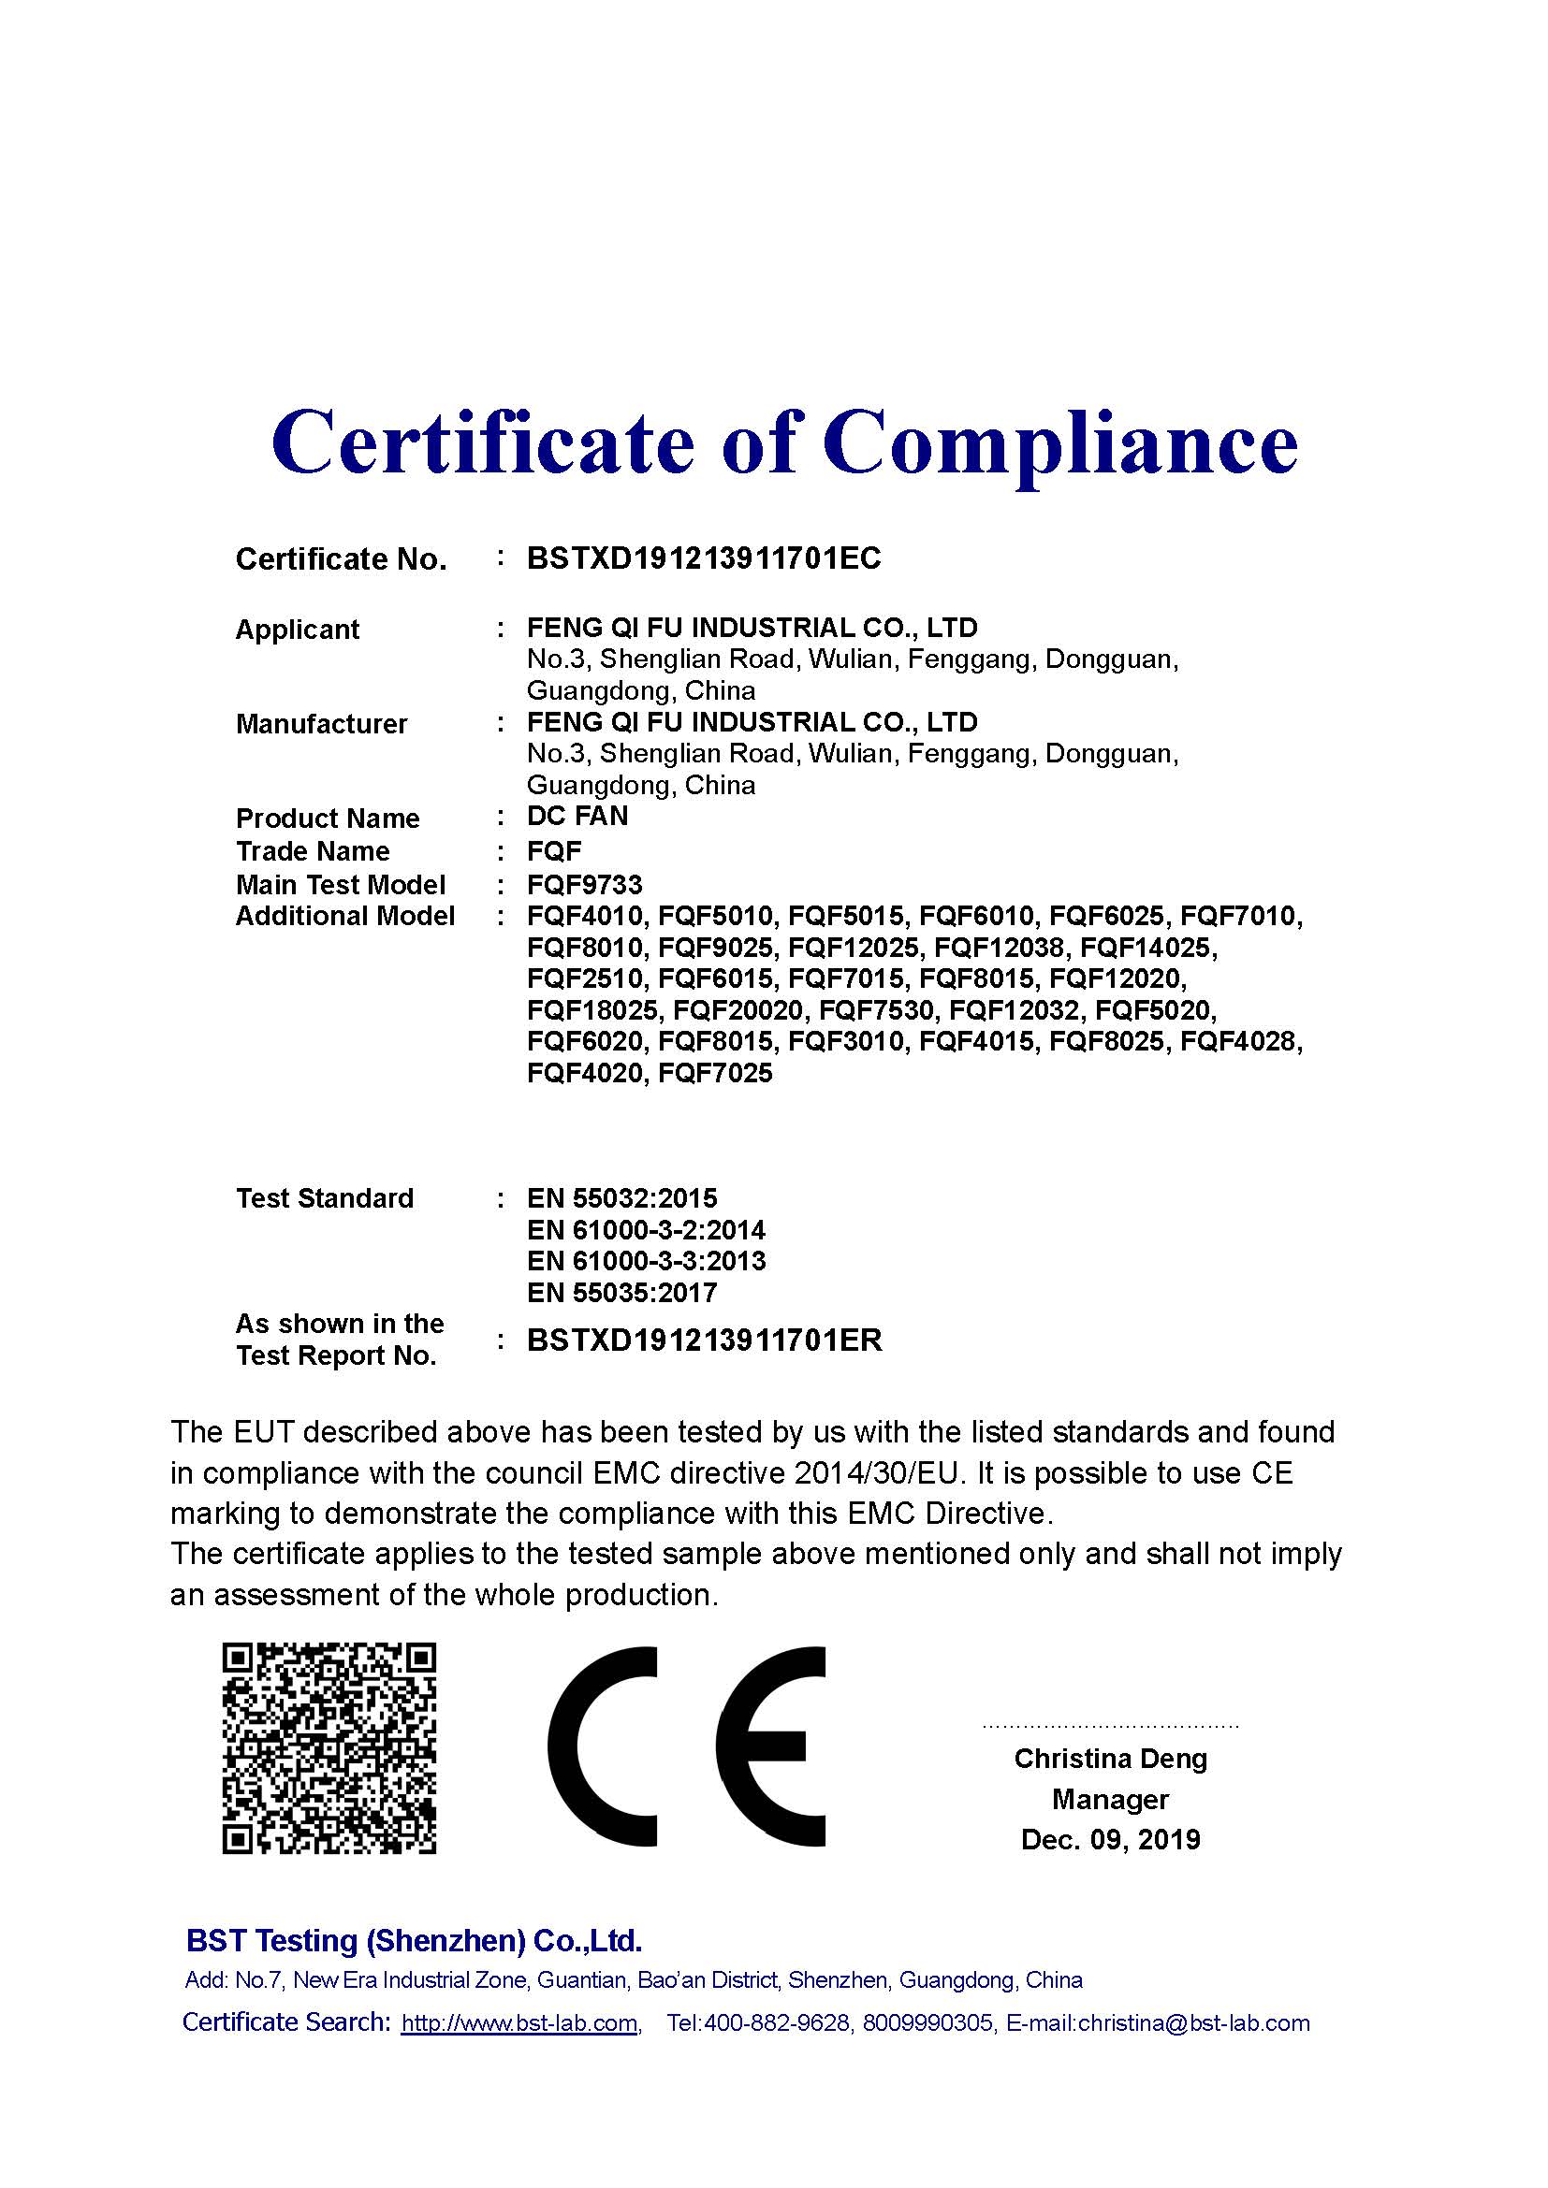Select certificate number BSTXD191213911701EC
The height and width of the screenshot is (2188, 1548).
coord(704,558)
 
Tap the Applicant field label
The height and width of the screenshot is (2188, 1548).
coord(298,630)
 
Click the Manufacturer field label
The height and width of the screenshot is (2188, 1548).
coord(321,724)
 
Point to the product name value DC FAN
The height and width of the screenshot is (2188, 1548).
coord(577,817)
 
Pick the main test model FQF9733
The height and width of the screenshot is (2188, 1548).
coord(584,885)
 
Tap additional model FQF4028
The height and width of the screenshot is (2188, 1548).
coord(1240,1041)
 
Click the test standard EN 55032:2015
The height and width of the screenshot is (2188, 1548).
coord(621,1199)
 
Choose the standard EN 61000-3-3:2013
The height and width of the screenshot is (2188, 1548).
coord(646,1262)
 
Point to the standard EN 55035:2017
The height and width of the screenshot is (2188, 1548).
coord(621,1293)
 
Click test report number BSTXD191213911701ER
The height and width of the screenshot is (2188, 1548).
coord(705,1340)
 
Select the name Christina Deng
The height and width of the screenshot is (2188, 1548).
coord(1110,1759)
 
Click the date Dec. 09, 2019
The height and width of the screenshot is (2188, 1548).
coord(1110,1839)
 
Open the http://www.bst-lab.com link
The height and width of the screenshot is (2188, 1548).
coord(519,2023)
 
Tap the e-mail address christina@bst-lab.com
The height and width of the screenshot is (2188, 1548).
coord(1193,2023)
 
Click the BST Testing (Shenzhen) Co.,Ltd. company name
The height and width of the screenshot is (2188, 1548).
coord(414,1941)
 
